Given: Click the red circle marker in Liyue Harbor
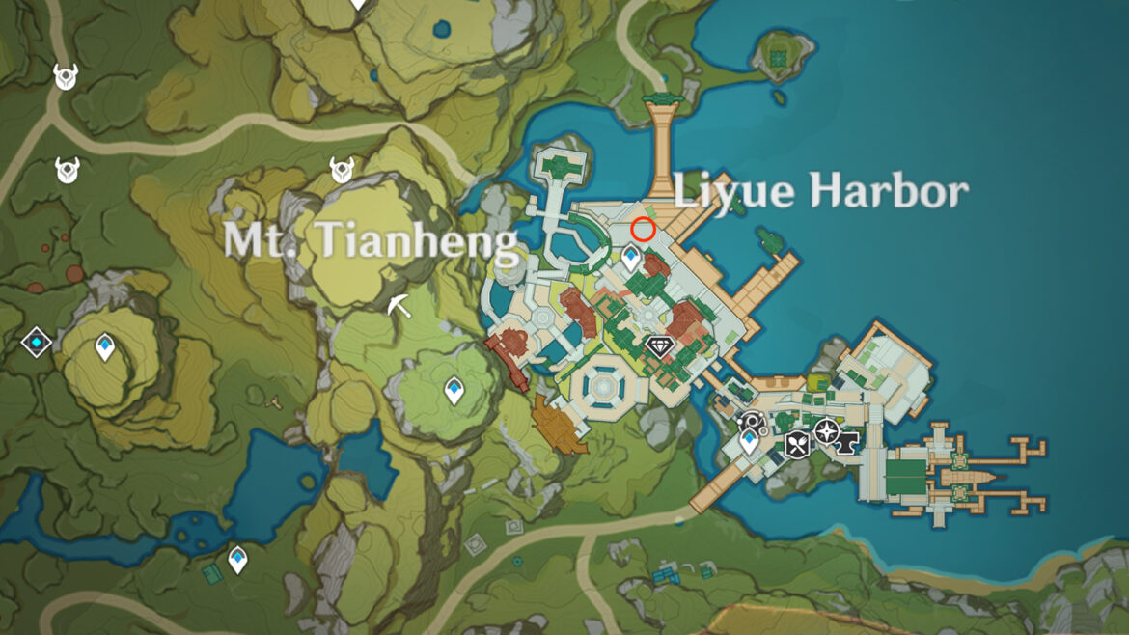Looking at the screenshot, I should (x=644, y=230).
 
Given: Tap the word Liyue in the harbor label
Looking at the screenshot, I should (x=732, y=191).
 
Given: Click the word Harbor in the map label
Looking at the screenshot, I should (x=888, y=191).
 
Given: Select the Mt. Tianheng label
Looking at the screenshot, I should (x=371, y=240).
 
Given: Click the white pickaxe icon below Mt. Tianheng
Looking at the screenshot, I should (x=399, y=306).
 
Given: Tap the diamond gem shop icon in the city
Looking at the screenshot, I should (x=659, y=346).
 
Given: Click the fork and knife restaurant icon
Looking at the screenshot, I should (x=797, y=444).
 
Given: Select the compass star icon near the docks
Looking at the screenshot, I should (x=826, y=430).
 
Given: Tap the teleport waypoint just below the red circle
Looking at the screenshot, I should (x=631, y=257).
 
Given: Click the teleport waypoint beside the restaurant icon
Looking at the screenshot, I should (x=749, y=441).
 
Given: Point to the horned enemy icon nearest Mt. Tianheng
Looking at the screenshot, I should (x=342, y=170).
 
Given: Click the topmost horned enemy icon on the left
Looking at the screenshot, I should (x=66, y=76).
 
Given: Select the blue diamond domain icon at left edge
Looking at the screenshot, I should (x=37, y=343).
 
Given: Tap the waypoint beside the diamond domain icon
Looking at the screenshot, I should (x=105, y=346).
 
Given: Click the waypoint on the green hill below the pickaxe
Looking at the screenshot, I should (x=454, y=391).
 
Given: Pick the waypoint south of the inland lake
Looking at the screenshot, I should (x=237, y=559).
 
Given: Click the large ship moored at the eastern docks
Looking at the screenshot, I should (x=965, y=478).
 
